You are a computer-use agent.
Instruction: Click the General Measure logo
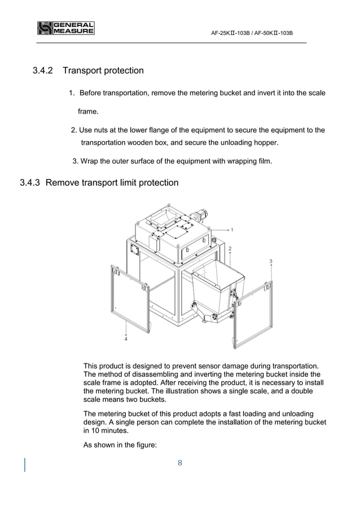pos(65,28)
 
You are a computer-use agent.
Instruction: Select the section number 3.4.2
pos(43,71)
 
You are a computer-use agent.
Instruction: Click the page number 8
pos(179,463)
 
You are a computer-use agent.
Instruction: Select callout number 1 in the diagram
pos(232,230)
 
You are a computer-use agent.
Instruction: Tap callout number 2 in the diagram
pos(230,248)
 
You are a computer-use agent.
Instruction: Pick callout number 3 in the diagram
pos(271,261)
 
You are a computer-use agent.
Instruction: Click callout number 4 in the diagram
pos(126,339)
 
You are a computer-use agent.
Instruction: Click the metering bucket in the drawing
pos(216,293)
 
